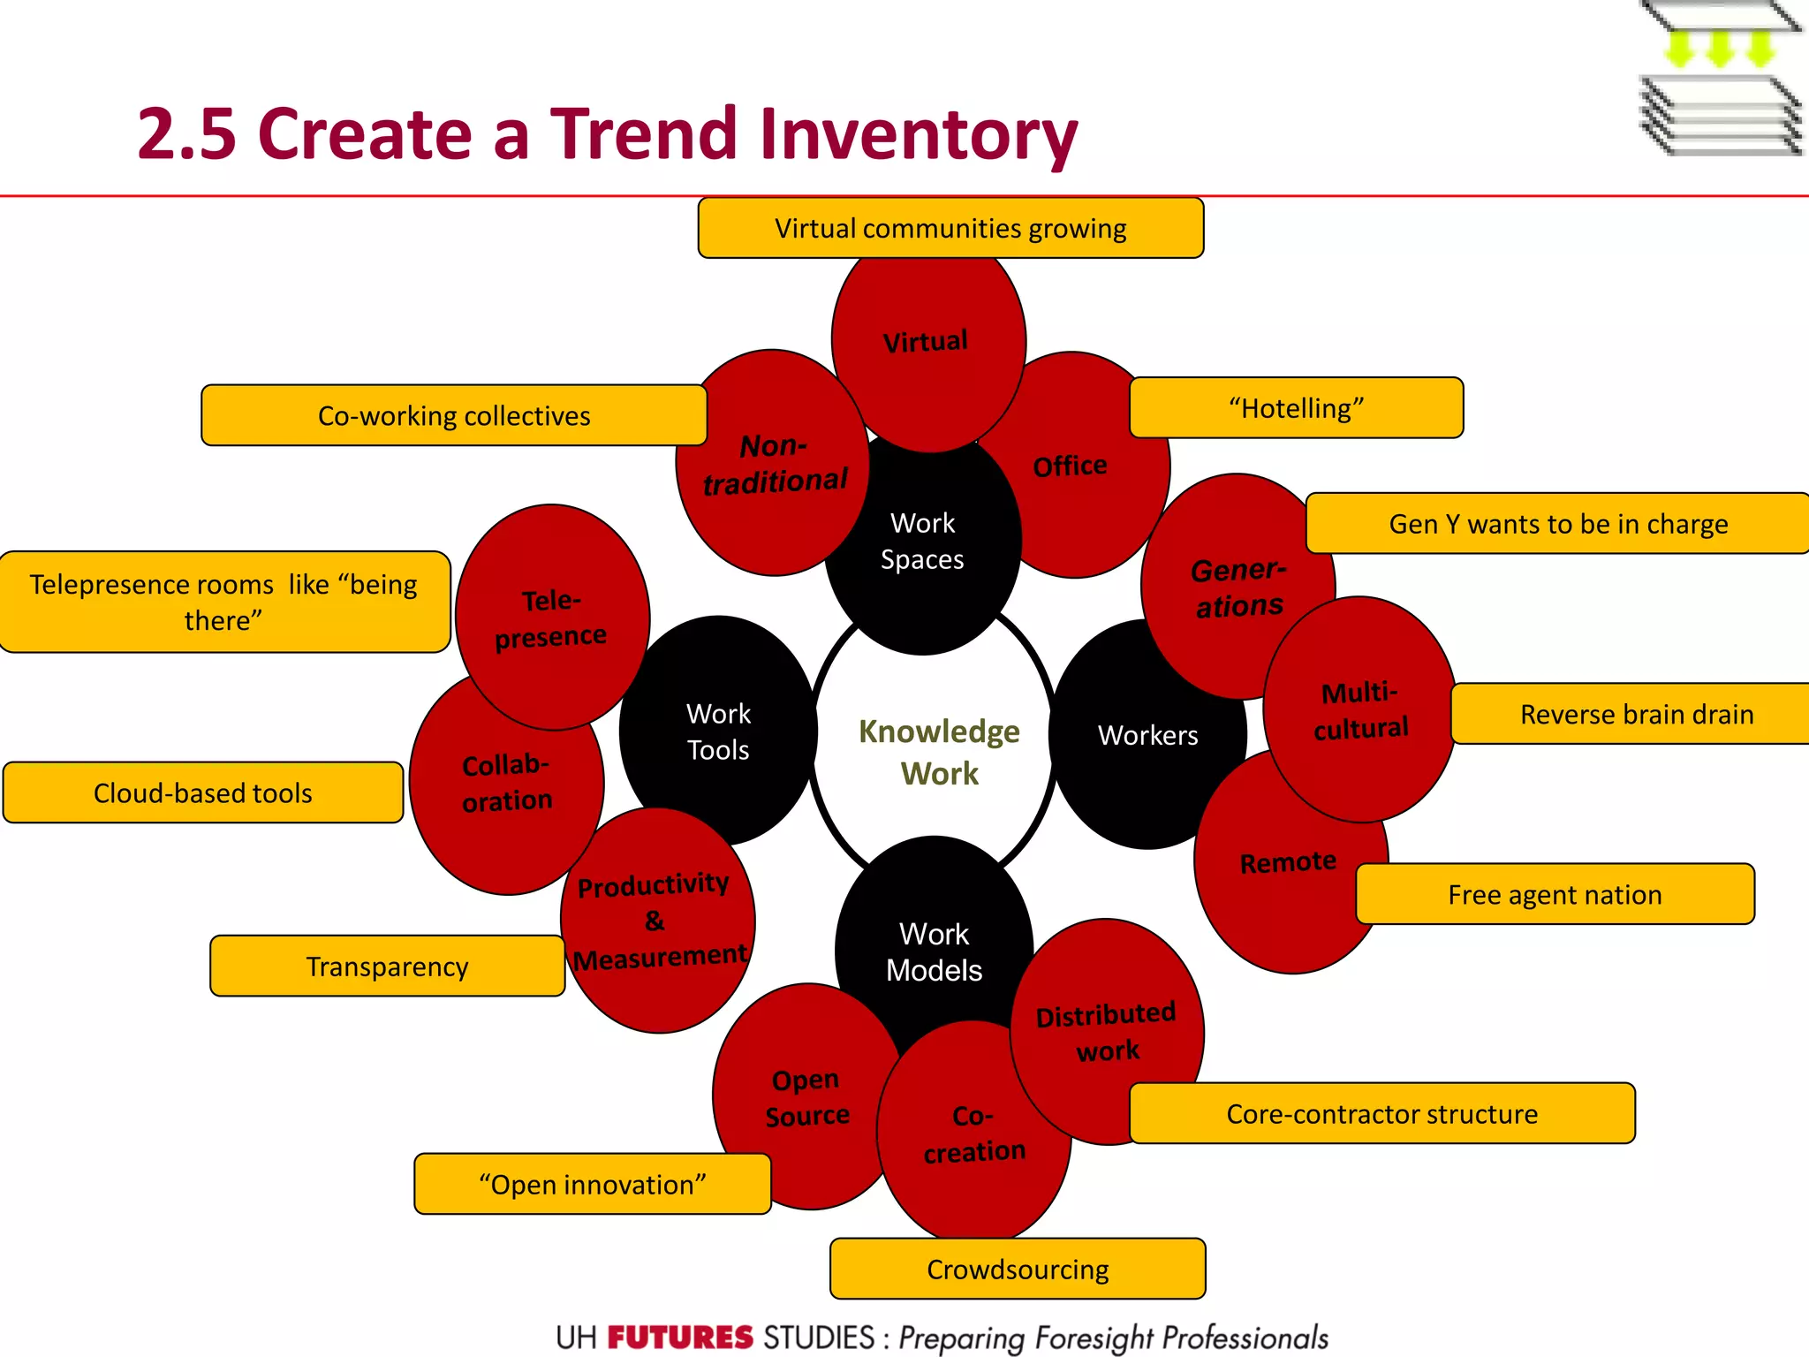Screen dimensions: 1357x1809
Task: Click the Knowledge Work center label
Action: click(x=938, y=752)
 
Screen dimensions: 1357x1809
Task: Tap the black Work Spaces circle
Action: click(x=923, y=542)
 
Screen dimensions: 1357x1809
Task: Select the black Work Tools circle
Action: click(x=717, y=732)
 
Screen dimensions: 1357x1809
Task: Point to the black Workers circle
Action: click(x=1147, y=735)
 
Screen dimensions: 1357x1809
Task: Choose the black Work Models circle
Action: click(x=934, y=951)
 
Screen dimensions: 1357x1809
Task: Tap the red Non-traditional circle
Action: click(x=775, y=464)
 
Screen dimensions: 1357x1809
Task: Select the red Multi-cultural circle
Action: click(x=1360, y=710)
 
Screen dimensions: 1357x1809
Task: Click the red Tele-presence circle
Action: click(x=551, y=618)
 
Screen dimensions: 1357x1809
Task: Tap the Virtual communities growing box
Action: click(x=950, y=229)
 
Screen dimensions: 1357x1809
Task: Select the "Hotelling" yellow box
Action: click(x=1296, y=408)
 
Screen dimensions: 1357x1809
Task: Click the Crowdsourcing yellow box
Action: click(x=1018, y=1270)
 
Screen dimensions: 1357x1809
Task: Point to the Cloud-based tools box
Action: click(x=203, y=793)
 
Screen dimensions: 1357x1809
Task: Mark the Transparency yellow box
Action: click(x=387, y=967)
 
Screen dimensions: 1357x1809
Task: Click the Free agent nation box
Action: click(x=1555, y=895)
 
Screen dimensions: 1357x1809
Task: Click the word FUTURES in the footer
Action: click(x=679, y=1338)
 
